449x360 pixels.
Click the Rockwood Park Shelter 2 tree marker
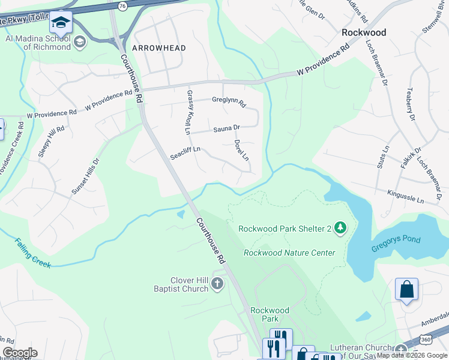coord(340,227)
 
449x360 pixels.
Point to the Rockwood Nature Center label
coord(289,253)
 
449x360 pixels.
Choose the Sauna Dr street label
coord(227,128)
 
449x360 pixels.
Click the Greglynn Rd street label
coord(229,102)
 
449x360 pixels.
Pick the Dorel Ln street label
coord(241,151)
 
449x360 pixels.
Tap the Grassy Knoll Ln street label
coord(188,112)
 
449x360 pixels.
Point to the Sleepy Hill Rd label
coord(51,142)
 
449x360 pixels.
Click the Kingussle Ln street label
coord(406,196)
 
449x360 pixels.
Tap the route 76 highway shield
coord(123,5)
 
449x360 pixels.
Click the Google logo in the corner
coord(20,353)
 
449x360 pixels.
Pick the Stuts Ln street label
coord(382,156)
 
